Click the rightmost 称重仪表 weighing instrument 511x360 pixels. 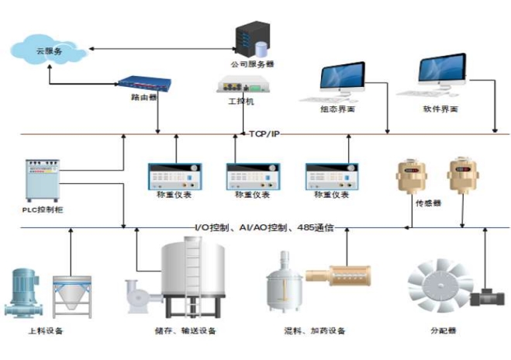[x=331, y=177]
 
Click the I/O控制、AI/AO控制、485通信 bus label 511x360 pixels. [x=264, y=227]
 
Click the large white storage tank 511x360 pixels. [x=194, y=279]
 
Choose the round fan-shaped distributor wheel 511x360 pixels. [x=437, y=286]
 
